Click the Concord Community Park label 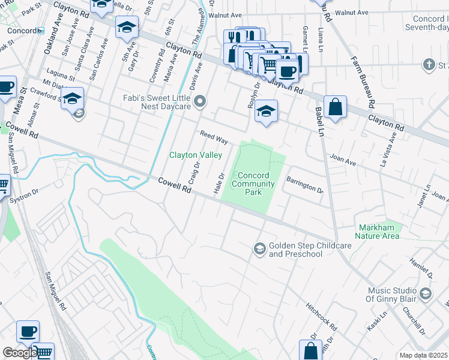click(247, 184)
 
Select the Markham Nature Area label click(379, 232)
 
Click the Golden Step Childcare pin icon click(259, 248)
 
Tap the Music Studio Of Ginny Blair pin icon click(426, 293)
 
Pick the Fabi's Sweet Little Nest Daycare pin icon click(200, 101)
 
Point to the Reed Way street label click(214, 137)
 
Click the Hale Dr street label click(219, 184)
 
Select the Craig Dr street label click(194, 173)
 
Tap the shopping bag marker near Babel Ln click(336, 108)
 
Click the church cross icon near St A click(429, 64)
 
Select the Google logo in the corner click(19, 353)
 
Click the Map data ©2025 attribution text click(423, 355)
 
